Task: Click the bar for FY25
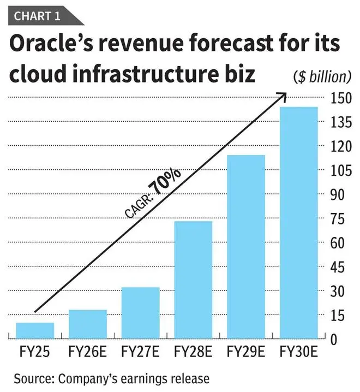pyautogui.click(x=35, y=331)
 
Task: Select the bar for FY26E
pyautogui.click(x=88, y=324)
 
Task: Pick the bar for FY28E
pyautogui.click(x=193, y=280)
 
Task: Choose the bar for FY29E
pyautogui.click(x=246, y=247)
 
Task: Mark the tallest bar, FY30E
pyautogui.click(x=298, y=223)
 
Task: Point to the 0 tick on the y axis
pyautogui.click(x=334, y=339)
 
